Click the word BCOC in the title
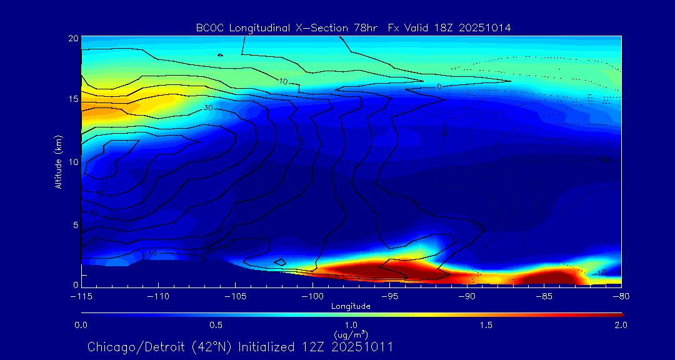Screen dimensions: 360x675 [209, 28]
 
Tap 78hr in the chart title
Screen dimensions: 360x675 [369, 28]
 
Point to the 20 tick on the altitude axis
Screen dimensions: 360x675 [72, 39]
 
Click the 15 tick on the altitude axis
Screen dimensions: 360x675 [72, 100]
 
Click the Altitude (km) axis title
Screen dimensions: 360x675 [59, 161]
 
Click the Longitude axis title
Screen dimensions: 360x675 [351, 306]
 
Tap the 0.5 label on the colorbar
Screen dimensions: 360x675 [216, 325]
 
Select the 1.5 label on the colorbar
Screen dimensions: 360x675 [486, 325]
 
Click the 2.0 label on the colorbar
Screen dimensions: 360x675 [621, 325]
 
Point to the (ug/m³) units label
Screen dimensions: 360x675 [351, 335]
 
